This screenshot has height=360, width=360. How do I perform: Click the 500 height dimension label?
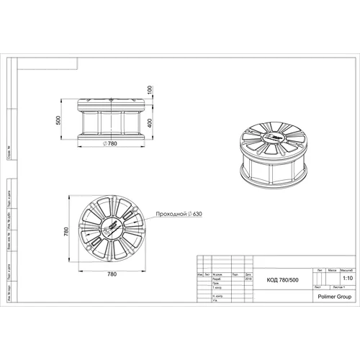point(58,120)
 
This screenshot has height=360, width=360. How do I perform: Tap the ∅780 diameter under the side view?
point(111,144)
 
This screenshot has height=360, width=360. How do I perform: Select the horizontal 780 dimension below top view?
point(112,274)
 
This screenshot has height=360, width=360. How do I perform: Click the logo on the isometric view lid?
point(275,138)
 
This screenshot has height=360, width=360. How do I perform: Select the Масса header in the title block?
point(332,270)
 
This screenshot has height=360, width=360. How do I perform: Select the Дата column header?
point(248,274)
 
